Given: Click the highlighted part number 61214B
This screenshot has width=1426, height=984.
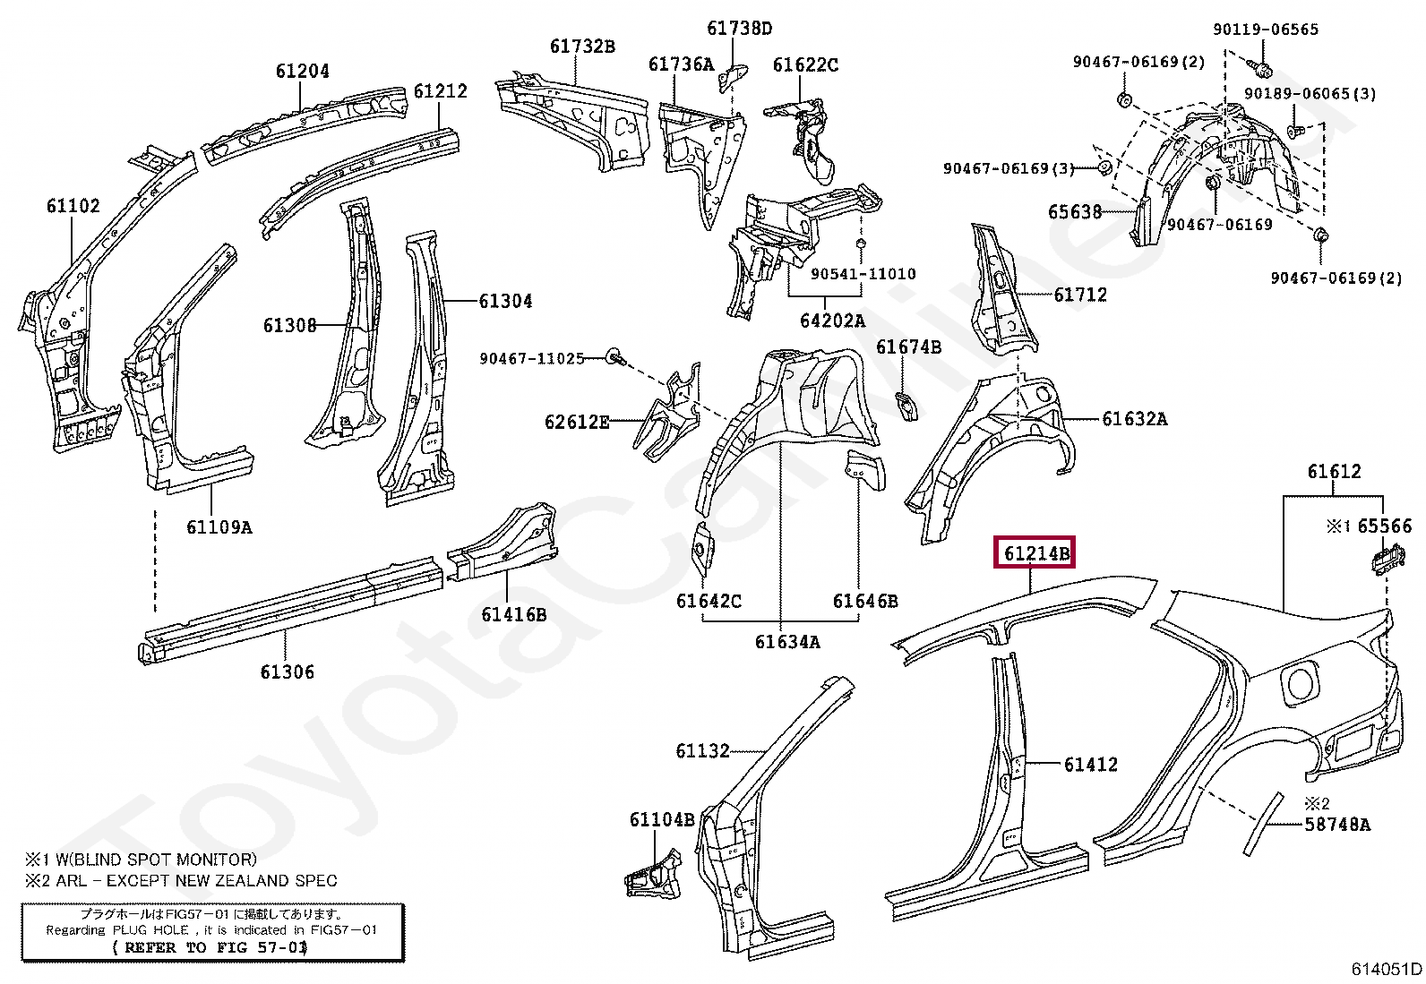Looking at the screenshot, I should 1035,553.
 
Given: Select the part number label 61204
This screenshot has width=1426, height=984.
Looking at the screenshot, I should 302,71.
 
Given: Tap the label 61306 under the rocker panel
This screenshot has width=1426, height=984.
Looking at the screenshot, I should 287,672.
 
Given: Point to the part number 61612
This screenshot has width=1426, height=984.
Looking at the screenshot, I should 1334,472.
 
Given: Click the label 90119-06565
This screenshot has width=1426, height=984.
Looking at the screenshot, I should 1265,30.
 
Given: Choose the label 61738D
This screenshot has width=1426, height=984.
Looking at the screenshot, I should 739,28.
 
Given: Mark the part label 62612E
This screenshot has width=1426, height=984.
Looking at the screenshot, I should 576,422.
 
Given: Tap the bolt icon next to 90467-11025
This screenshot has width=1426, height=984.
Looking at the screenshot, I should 614,357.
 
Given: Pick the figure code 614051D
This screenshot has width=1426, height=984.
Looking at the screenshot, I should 1386,968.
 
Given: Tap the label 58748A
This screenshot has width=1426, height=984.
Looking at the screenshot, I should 1336,824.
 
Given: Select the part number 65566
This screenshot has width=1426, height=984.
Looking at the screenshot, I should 1384,526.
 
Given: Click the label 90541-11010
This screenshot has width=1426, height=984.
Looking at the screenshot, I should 863,274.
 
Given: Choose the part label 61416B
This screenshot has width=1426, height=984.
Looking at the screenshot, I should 513,614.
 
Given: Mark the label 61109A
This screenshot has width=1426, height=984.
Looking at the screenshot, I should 219,527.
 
